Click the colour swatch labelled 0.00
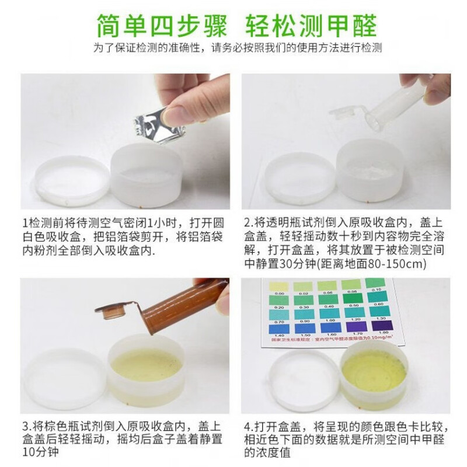click(278, 286)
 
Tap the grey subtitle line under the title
click(233, 48)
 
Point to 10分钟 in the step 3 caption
click(36, 453)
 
